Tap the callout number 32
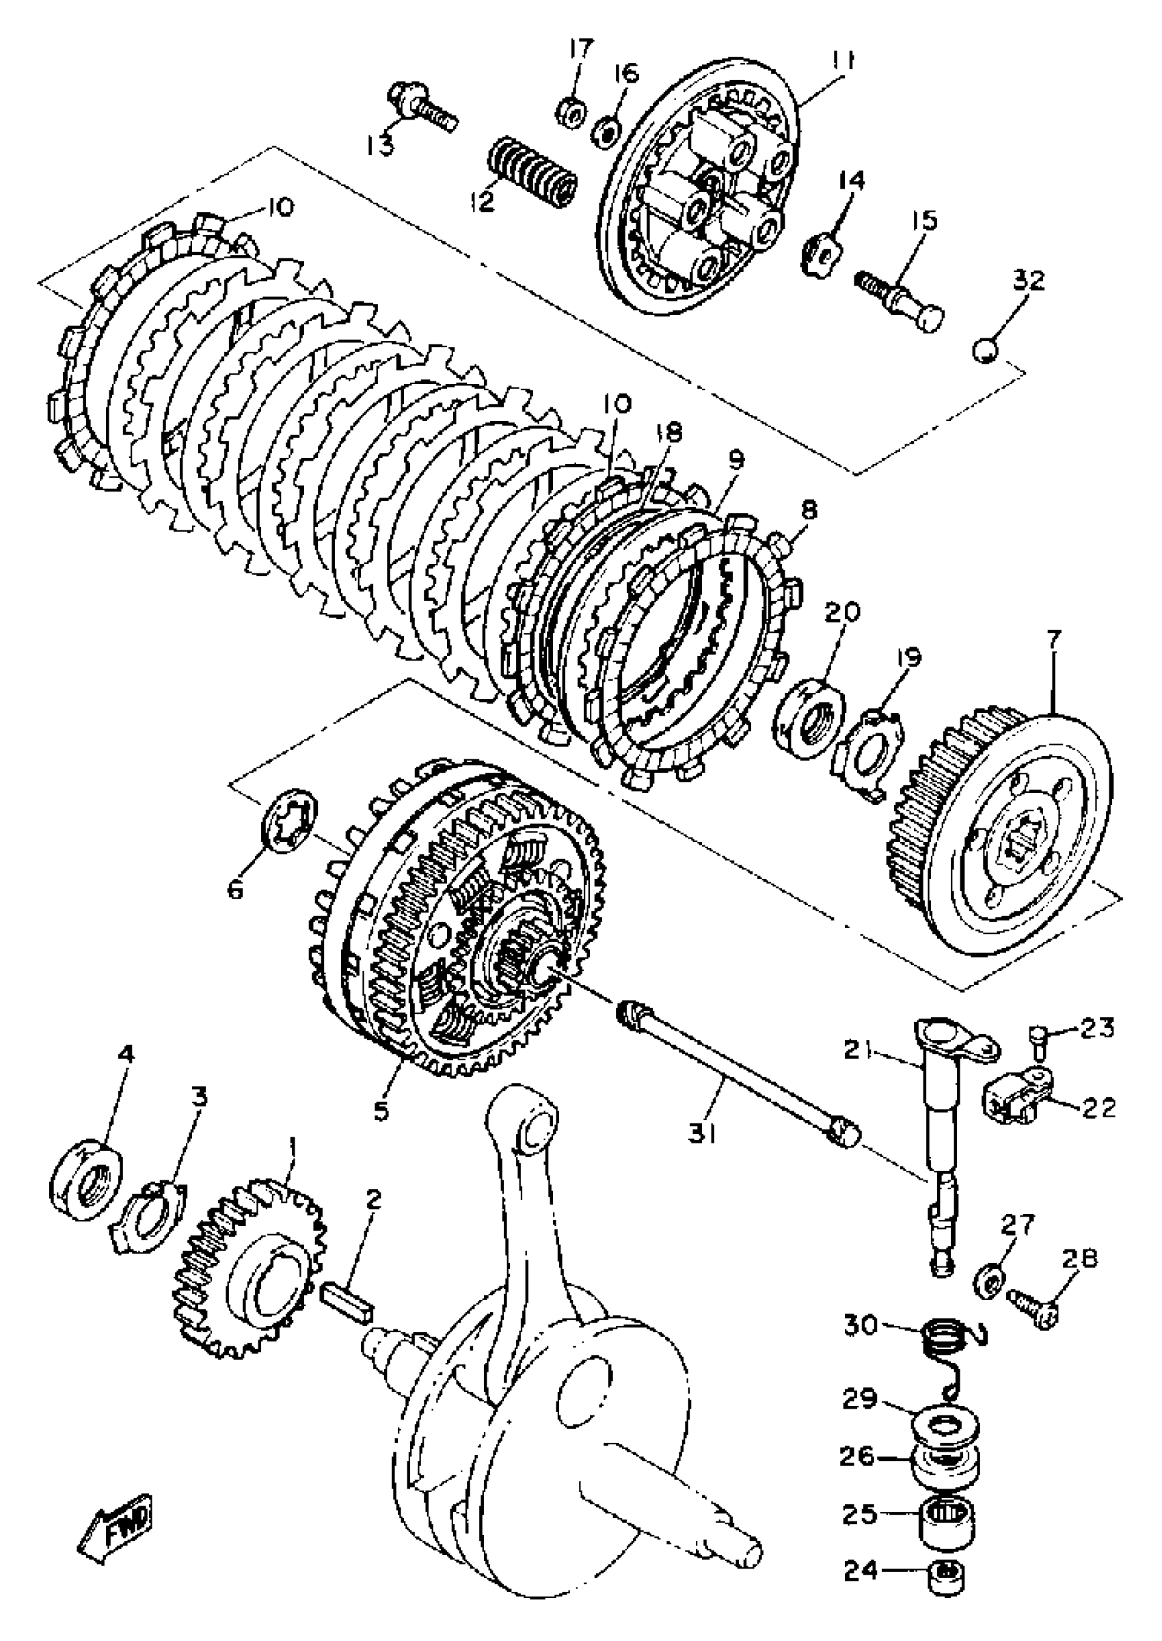(x=1028, y=280)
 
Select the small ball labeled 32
(x=985, y=351)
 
